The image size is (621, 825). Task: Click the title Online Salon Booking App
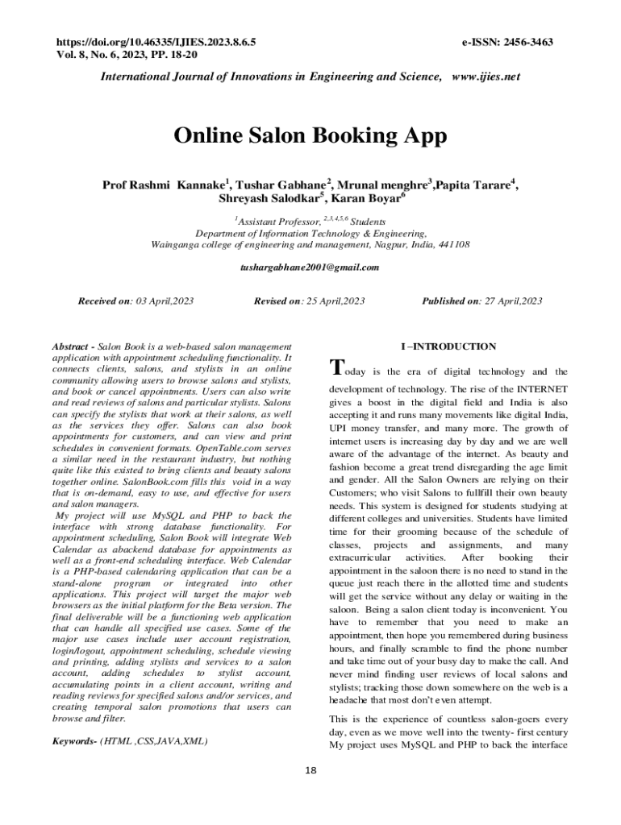click(x=310, y=136)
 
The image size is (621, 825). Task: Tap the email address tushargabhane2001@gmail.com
click(x=310, y=267)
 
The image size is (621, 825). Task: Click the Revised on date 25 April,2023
click(x=333, y=301)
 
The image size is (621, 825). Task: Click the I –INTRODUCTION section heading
click(x=448, y=346)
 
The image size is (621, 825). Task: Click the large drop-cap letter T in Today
click(x=339, y=368)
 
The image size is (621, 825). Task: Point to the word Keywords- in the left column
click(x=73, y=740)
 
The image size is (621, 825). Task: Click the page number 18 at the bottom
click(x=310, y=771)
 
